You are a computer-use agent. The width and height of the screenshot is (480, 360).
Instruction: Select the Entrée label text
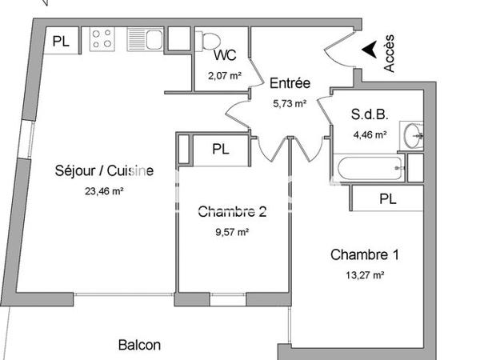click(x=290, y=83)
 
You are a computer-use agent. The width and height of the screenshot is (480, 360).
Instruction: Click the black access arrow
click(x=369, y=50)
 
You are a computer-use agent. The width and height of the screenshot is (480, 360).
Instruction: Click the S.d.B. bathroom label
click(x=370, y=114)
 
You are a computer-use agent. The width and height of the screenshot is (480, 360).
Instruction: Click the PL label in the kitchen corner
click(x=61, y=41)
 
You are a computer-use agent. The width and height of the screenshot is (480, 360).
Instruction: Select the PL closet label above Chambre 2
click(x=221, y=149)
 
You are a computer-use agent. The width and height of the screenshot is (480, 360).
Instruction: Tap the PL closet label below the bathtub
click(x=387, y=198)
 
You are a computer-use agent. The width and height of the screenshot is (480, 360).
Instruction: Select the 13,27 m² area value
click(x=364, y=275)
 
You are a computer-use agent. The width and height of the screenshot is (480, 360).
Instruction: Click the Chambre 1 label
click(x=365, y=255)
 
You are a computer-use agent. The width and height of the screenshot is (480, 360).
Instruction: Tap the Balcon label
click(x=139, y=346)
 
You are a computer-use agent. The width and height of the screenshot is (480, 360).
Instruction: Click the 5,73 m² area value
click(x=290, y=102)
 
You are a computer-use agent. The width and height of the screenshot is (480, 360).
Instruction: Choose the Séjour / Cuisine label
click(x=104, y=170)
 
